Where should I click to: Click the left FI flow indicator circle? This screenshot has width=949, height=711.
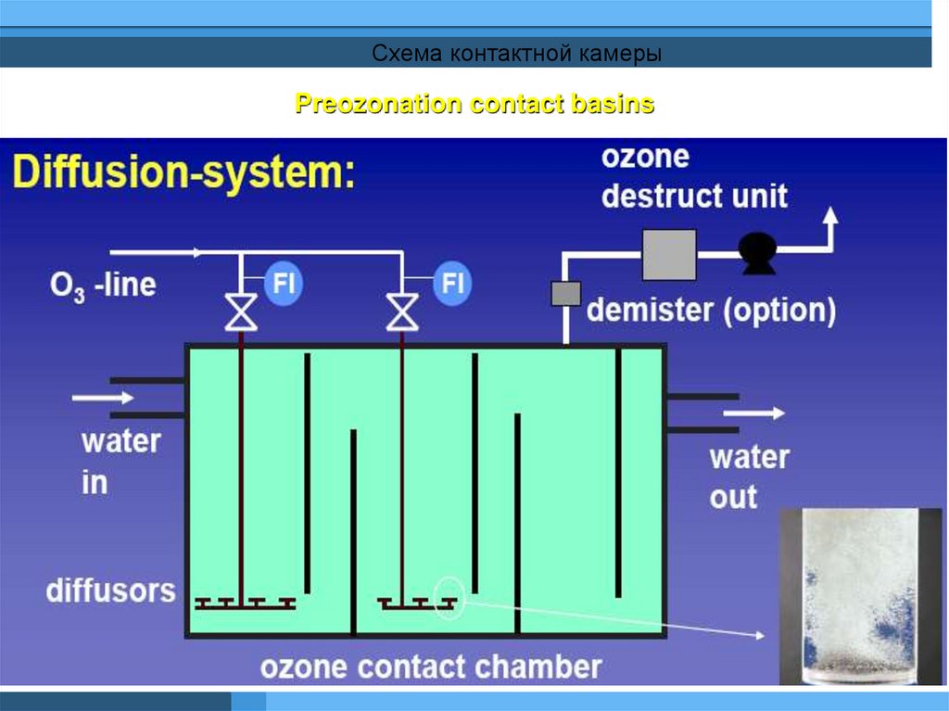click(283, 283)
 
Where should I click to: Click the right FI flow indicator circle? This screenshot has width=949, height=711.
click(451, 283)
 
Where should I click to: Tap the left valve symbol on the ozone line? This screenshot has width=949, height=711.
click(241, 311)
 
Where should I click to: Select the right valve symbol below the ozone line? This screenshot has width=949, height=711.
click(402, 311)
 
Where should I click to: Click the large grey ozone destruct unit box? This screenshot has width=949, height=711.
click(669, 254)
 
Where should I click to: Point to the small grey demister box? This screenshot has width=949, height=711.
click(565, 294)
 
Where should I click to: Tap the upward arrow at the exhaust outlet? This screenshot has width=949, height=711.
click(831, 221)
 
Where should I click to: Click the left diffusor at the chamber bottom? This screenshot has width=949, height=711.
click(246, 603)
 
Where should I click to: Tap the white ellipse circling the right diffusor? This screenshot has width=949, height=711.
click(449, 599)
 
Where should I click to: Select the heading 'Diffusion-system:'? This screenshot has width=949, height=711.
click(183, 172)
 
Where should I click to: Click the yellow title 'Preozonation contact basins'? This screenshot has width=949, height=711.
click(474, 104)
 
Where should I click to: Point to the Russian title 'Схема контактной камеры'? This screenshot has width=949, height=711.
click(516, 54)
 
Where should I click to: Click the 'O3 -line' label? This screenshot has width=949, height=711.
click(102, 285)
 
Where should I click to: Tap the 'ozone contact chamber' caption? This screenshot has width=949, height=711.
click(431, 666)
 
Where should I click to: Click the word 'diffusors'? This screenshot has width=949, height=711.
click(111, 590)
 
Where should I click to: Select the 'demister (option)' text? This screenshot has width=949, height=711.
click(712, 310)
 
